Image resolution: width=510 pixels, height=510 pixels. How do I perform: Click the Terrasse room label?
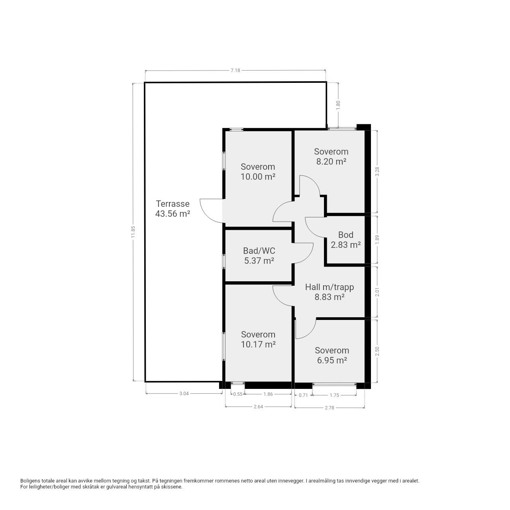click(173, 204)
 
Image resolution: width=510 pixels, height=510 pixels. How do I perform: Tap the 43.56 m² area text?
click(173, 214)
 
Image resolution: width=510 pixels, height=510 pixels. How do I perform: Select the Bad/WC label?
click(259, 251)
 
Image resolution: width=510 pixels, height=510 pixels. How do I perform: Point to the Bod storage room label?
click(346, 235)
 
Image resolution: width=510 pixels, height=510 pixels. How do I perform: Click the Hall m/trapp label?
click(330, 287)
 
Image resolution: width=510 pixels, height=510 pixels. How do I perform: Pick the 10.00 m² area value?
click(258, 177)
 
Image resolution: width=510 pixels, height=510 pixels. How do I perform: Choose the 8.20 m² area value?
click(331, 161)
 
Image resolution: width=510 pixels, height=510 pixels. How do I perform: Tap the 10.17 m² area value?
click(258, 344)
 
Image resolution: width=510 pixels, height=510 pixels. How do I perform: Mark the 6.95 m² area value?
click(332, 360)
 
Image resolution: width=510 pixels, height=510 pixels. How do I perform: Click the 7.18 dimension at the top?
click(235, 71)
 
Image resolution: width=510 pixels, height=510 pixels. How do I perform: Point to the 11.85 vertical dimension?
click(133, 231)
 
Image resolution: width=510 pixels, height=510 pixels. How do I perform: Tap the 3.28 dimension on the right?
click(377, 171)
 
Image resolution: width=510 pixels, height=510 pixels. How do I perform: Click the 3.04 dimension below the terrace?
click(184, 394)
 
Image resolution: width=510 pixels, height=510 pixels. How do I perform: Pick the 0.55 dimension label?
click(237, 394)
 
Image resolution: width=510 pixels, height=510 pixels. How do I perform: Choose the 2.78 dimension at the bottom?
click(330, 408)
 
